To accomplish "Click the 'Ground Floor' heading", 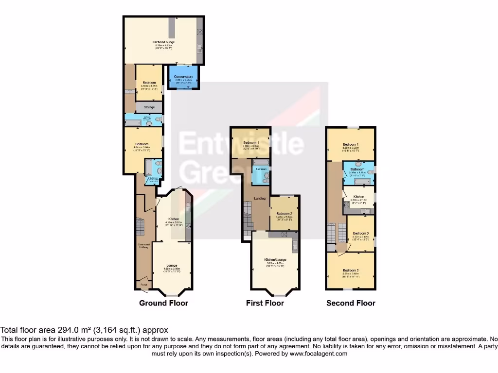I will (x=163, y=303).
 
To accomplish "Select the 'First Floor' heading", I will (x=265, y=303).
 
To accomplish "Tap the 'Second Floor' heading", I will (x=351, y=303).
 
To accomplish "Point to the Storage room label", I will (x=149, y=107).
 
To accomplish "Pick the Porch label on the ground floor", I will (x=143, y=285).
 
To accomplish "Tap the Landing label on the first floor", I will (x=260, y=198).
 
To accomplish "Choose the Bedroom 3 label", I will (x=360, y=233).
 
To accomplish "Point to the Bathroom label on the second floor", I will (x=359, y=169).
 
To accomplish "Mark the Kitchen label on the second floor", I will (x=358, y=196).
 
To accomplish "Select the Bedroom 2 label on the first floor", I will (x=284, y=214).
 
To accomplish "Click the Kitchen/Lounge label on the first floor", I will (x=275, y=260).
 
